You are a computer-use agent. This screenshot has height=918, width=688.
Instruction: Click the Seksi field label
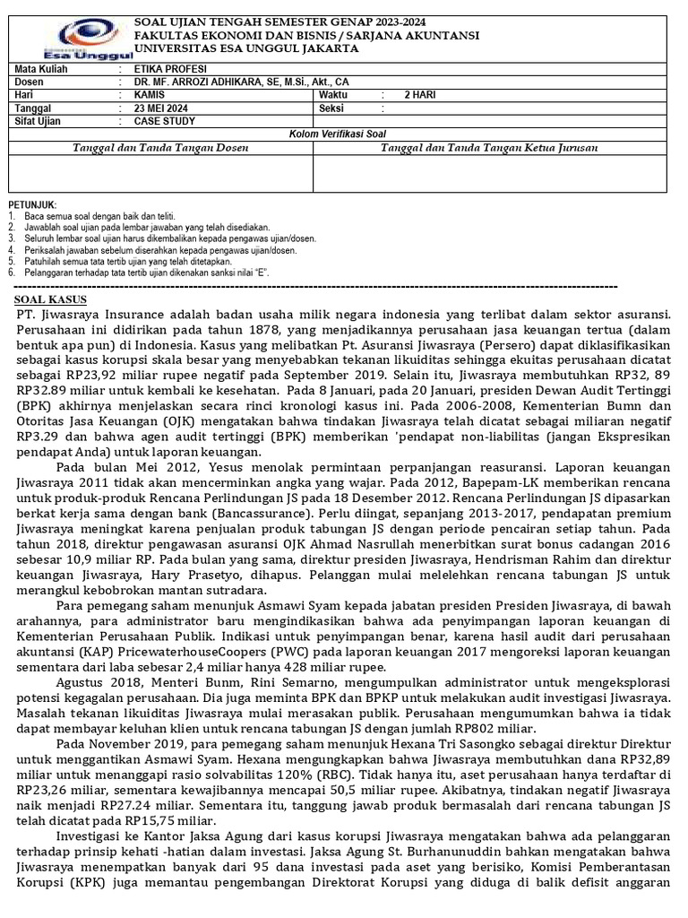[x=332, y=108]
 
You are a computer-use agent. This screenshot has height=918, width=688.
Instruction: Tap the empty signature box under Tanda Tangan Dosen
[x=159, y=173]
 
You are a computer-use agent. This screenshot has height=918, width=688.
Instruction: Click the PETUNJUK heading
[x=32, y=205]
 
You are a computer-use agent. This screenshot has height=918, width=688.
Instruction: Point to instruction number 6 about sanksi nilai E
[x=142, y=272]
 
